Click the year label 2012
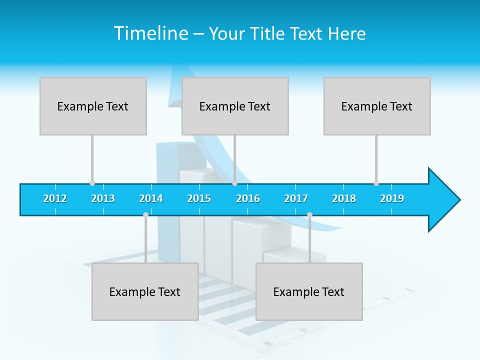pos(55,198)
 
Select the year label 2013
pos(103,198)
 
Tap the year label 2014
pos(151,198)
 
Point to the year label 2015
pos(199,198)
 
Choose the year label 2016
pos(248,198)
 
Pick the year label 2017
pos(296,198)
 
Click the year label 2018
pos(344,198)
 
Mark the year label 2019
pos(392,198)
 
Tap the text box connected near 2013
pos(93,106)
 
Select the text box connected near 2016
pos(235,106)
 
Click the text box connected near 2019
pos(377,106)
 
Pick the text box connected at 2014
pos(145,291)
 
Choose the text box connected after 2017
pos(309,291)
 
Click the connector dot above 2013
pos(92,183)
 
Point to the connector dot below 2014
pos(145,215)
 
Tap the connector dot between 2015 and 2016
pos(234,183)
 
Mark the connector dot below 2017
pos(309,215)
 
